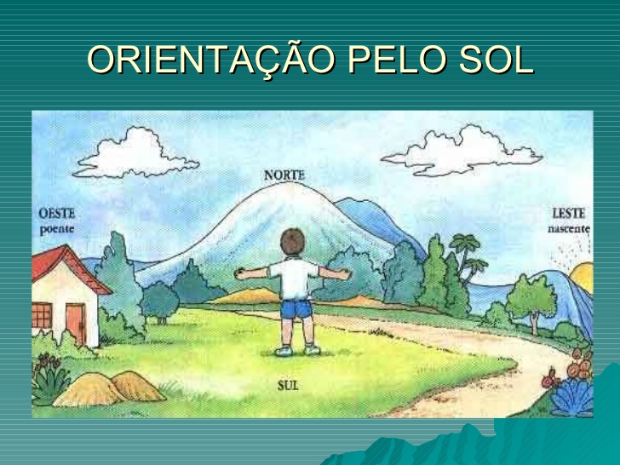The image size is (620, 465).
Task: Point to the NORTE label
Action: [284, 175]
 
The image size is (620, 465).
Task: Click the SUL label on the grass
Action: [288, 386]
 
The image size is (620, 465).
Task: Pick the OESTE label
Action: [57, 214]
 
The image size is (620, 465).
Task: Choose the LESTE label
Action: [568, 214]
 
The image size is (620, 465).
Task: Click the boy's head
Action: [293, 243]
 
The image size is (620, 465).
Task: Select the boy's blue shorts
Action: [295, 307]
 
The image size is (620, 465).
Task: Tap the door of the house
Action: [76, 323]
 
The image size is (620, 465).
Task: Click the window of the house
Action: [42, 316]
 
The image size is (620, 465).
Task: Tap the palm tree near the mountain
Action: [464, 255]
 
